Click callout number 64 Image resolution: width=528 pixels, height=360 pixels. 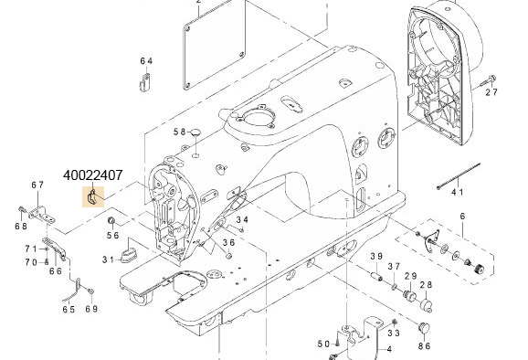[146, 61]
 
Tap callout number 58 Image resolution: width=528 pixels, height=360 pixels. [180, 132]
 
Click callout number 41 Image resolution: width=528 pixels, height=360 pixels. [458, 193]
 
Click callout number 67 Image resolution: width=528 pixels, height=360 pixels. [37, 185]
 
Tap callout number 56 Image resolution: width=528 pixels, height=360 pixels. [113, 235]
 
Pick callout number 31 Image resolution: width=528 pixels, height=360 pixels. [109, 259]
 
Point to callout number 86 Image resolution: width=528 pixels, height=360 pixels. [424, 346]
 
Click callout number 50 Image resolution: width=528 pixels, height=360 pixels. [322, 344]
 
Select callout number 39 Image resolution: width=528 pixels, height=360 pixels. [375, 256]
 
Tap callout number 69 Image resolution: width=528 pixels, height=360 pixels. [91, 309]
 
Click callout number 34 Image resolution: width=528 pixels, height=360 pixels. [242, 219]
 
